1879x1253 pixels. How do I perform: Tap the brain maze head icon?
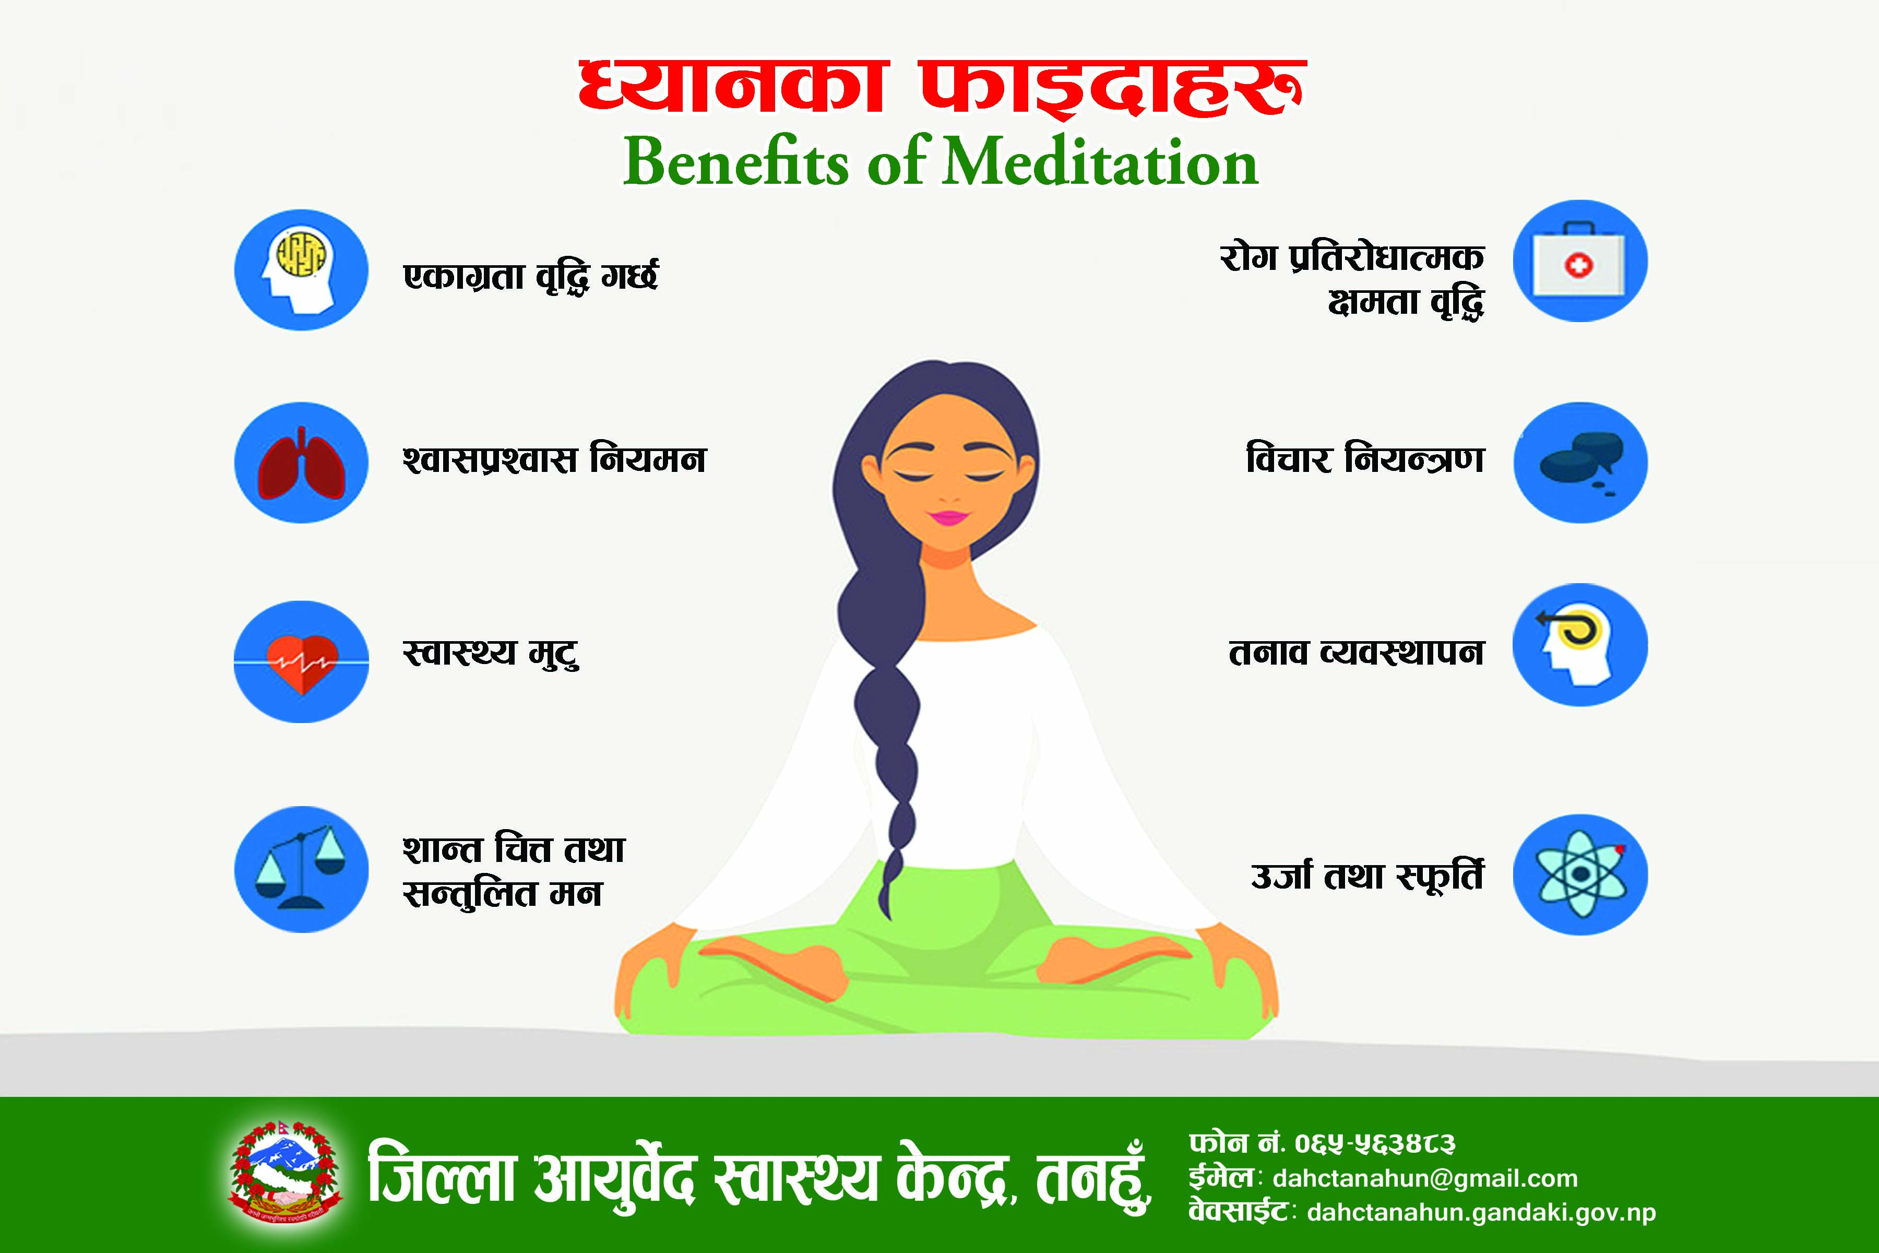click(x=301, y=269)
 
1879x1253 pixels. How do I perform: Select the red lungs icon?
click(x=301, y=463)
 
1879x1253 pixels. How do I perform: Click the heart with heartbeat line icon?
click(x=301, y=661)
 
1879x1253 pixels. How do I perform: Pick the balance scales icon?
click(x=301, y=869)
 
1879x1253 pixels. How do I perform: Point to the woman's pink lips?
click(x=949, y=517)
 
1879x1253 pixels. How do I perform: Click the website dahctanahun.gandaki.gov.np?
click(x=1482, y=1213)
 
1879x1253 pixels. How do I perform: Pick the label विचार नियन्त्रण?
click(x=1365, y=458)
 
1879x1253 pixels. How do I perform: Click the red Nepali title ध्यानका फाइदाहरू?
click(x=943, y=86)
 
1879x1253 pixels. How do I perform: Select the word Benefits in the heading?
click(x=736, y=162)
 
